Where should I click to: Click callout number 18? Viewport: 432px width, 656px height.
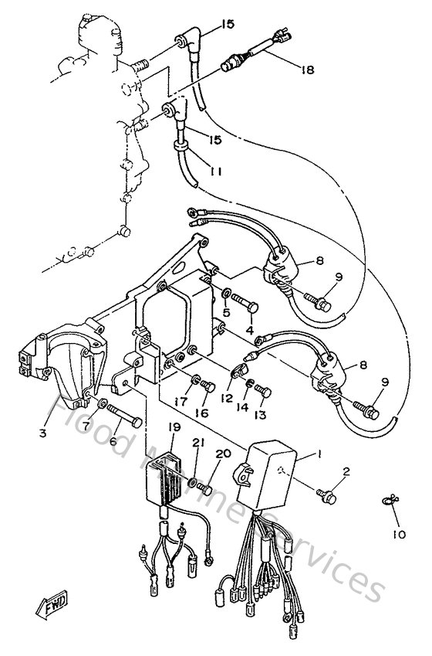pyautogui.click(x=309, y=70)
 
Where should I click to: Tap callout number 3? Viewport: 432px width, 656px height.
pyautogui.click(x=42, y=433)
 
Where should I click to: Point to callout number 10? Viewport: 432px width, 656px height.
pyautogui.click(x=398, y=534)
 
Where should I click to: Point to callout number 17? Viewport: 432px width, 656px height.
pyautogui.click(x=181, y=401)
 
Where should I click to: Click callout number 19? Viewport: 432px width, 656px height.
pyautogui.click(x=174, y=427)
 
